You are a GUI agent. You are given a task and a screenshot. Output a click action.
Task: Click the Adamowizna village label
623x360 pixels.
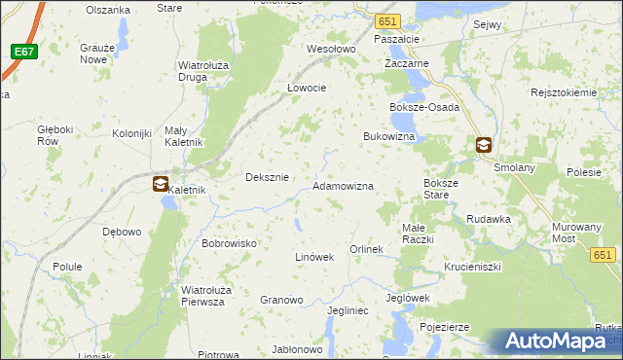click(x=343, y=185)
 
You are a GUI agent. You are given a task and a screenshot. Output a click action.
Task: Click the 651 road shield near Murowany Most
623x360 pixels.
click(x=604, y=255)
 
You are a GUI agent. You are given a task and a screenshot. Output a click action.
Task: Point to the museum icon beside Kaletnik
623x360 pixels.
click(x=161, y=183)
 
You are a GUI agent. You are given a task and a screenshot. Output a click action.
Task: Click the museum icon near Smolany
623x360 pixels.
click(x=484, y=146)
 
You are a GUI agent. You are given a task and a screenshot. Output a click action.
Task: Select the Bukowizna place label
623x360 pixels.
click(x=389, y=137)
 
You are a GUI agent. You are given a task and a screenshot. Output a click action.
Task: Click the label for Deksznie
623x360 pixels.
click(x=267, y=177)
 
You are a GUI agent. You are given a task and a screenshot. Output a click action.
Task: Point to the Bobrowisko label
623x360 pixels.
click(x=229, y=243)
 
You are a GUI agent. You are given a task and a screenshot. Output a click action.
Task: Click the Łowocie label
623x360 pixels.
click(x=306, y=87)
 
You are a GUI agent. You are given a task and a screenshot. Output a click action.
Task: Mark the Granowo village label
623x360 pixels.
click(x=281, y=300)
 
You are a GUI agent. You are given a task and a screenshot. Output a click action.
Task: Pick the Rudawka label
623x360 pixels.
click(x=489, y=219)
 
